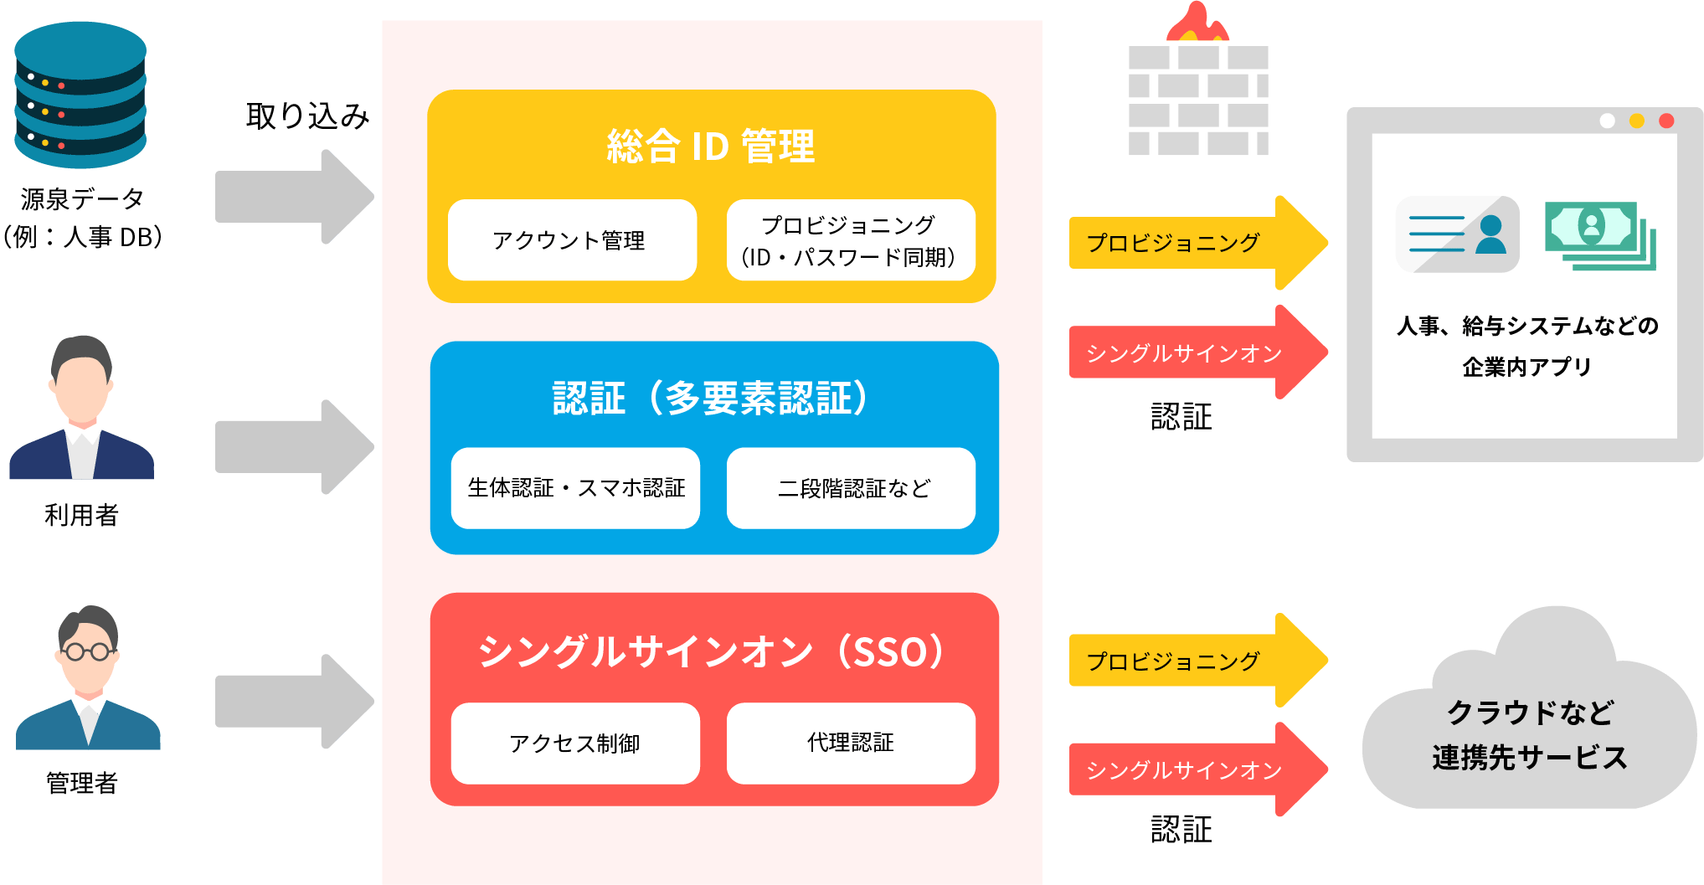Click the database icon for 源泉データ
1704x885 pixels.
pyautogui.click(x=80, y=94)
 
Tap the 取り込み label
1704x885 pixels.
pyautogui.click(x=307, y=116)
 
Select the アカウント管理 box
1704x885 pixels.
pyautogui.click(x=572, y=240)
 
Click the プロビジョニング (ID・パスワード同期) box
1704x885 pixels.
pyautogui.click(x=850, y=240)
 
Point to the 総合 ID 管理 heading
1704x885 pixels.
pyautogui.click(x=710, y=147)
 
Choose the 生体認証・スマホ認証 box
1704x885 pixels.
pyautogui.click(x=575, y=488)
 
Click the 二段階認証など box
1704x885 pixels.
pyautogui.click(x=851, y=488)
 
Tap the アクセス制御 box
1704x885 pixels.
pyautogui.click(x=575, y=744)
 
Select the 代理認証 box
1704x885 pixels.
pyautogui.click(x=851, y=743)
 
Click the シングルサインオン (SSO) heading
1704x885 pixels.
pyautogui.click(x=712, y=651)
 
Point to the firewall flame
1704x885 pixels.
pyautogui.click(x=1197, y=23)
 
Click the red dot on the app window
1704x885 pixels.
pyautogui.click(x=1666, y=121)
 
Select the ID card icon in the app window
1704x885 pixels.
pyautogui.click(x=1457, y=234)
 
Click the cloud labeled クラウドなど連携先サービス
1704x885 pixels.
pyautogui.click(x=1529, y=728)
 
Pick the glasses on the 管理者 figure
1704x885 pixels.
pyautogui.click(x=87, y=651)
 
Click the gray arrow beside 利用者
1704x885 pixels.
pyautogui.click(x=293, y=447)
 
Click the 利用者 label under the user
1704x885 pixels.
pyautogui.click(x=81, y=515)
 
